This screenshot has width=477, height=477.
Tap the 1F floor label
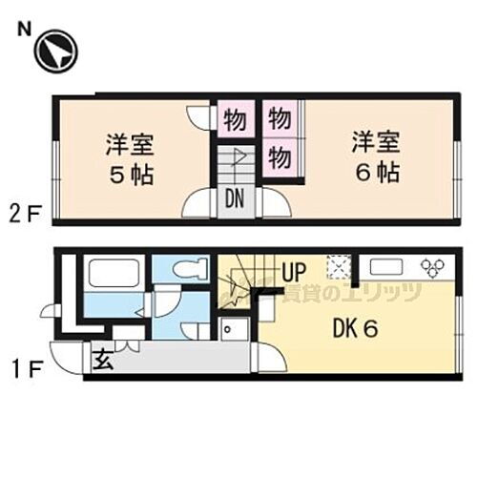[x=28, y=363]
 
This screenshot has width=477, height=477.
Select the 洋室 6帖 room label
[x=374, y=158]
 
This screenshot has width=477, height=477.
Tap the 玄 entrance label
[x=102, y=360]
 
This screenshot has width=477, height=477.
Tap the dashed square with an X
[x=336, y=267]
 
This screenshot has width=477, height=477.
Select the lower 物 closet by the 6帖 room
[x=279, y=156]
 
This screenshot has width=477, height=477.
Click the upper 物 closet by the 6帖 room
[x=279, y=120]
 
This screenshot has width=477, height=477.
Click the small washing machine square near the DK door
[x=232, y=327]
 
